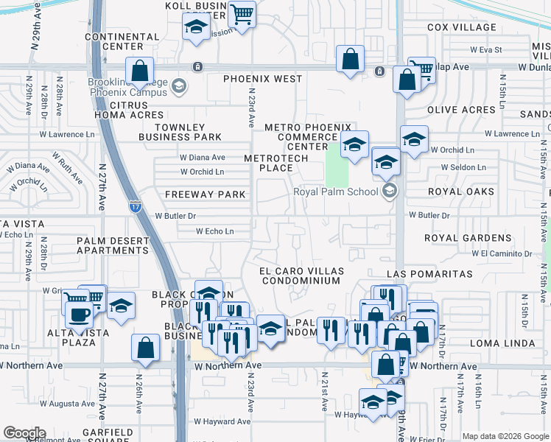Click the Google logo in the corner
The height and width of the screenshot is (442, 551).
pos(24,433)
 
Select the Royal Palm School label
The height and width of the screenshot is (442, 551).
pos(335,192)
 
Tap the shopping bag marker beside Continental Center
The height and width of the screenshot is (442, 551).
pos(139,71)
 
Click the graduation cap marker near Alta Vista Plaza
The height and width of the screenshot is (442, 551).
pos(121,307)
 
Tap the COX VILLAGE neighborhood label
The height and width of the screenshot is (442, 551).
pos(462,27)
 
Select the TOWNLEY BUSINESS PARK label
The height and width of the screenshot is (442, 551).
pos(180,132)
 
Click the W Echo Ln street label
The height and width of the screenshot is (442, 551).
pos(214,231)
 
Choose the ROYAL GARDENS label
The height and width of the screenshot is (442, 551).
pos(467,238)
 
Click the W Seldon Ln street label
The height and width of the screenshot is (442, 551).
pos(463,167)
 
